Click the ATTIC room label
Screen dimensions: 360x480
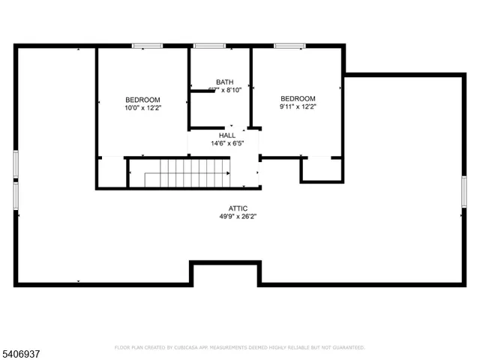(238, 208)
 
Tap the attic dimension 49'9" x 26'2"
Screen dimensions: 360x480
(238, 217)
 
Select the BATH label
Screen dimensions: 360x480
(224, 82)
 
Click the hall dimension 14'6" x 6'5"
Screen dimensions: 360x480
(226, 144)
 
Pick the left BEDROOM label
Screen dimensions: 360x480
(142, 100)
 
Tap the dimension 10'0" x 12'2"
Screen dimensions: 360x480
(142, 108)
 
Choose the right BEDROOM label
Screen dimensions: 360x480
(298, 99)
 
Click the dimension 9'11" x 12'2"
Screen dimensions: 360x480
(298, 107)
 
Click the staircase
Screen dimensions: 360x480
(187, 173)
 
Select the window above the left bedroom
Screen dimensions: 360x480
(148, 46)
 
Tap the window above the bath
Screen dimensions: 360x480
(209, 46)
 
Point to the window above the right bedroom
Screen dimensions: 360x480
(289, 46)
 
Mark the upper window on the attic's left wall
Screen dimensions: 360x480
(16, 164)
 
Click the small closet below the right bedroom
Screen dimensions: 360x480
(322, 169)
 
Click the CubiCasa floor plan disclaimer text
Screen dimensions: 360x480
(239, 347)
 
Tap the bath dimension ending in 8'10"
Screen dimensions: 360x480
(224, 90)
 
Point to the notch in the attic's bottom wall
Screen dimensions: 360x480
(224, 273)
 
